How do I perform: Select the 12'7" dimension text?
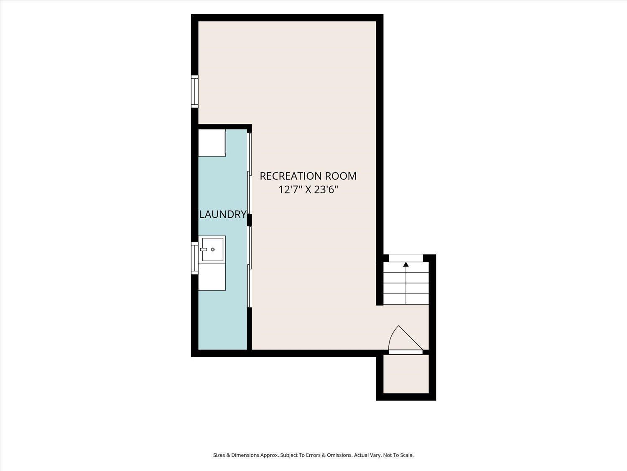point(290,190)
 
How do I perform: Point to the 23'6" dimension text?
point(326,190)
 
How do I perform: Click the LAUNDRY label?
point(223,214)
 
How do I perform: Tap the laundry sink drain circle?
point(212,250)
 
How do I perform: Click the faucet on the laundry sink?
point(204,250)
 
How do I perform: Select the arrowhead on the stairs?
point(406,265)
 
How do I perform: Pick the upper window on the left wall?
point(194,92)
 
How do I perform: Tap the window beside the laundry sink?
point(194,258)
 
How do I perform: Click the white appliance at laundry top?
point(212,143)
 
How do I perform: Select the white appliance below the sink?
point(212,277)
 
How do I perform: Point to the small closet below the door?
point(406,374)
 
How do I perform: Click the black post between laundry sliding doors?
point(250,220)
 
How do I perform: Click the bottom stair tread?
point(406,299)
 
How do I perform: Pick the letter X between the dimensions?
point(308,190)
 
